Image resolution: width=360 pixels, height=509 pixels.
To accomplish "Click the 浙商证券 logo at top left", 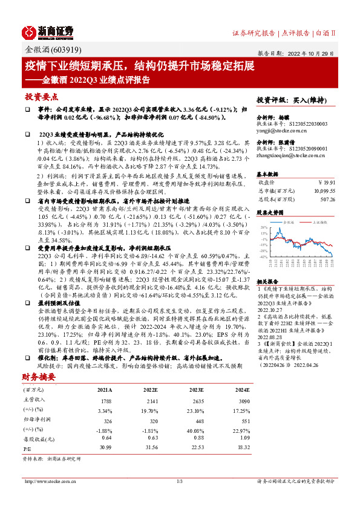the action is coord(48,31).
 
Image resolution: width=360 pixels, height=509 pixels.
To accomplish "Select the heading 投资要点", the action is coord(42,97).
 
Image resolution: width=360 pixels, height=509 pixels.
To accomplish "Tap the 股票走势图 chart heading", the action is coord(270,213).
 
